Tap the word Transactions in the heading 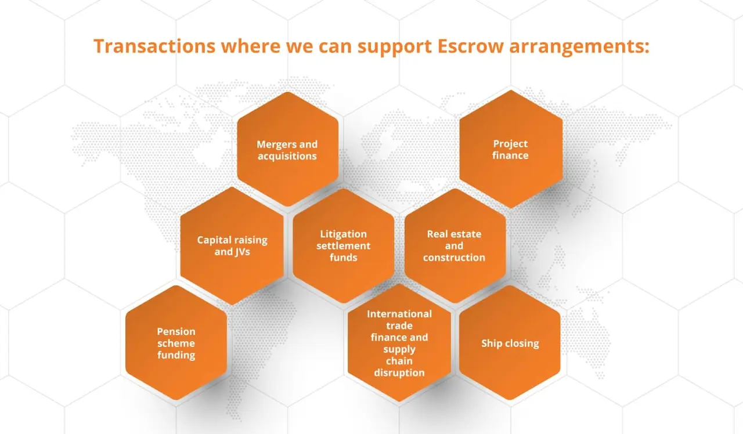[x=154, y=46]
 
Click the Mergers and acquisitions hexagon [x=287, y=150]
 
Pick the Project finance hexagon [x=511, y=149]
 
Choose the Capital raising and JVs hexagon [x=232, y=245]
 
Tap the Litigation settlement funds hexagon [x=343, y=245]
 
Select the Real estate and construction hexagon [x=455, y=245]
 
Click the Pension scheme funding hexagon [x=176, y=343]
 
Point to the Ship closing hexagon [x=510, y=343]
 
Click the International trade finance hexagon [x=399, y=343]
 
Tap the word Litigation [x=343, y=234]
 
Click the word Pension [x=176, y=331]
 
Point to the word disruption [x=399, y=372]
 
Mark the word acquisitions [x=287, y=156]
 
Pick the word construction [x=455, y=258]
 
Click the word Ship [x=491, y=343]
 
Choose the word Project [x=511, y=143]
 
